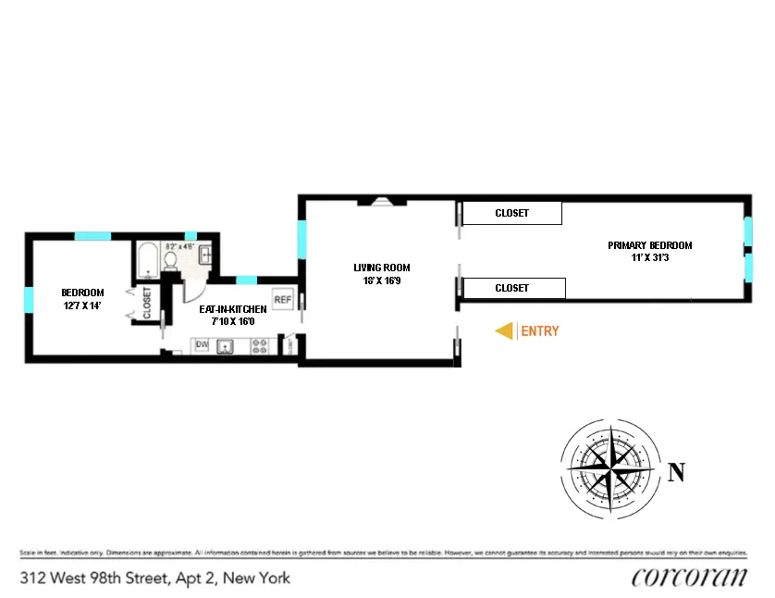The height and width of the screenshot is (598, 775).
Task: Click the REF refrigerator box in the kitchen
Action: (x=283, y=300)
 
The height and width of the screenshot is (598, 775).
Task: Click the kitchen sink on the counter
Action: (x=228, y=346)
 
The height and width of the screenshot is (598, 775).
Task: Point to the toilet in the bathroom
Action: (x=170, y=263)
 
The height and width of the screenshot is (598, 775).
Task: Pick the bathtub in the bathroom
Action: (x=146, y=262)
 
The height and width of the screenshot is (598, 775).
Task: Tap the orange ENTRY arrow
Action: (x=505, y=330)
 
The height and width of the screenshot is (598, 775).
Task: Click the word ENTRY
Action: (x=540, y=330)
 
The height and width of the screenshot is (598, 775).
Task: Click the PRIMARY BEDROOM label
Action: (x=649, y=245)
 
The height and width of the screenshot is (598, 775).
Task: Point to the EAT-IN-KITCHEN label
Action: (x=233, y=308)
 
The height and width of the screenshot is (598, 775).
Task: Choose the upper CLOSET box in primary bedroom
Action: (x=511, y=213)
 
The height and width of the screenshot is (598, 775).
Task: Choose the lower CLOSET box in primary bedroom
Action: (x=512, y=288)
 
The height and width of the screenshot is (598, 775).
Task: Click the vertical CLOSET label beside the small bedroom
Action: (x=147, y=302)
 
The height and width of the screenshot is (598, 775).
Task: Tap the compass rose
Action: (x=610, y=464)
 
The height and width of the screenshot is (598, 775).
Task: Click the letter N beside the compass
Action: (x=676, y=472)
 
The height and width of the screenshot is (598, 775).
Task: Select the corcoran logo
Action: (x=689, y=577)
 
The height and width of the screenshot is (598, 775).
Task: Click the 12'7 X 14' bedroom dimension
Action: (x=82, y=305)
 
